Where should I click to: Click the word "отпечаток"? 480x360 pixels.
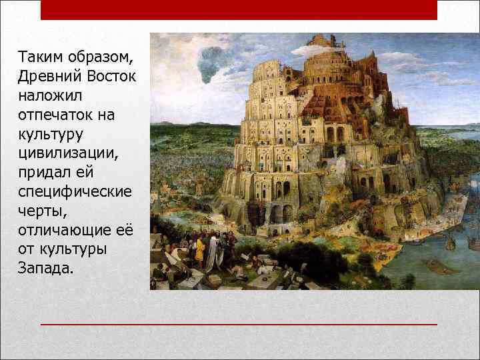click(x=56, y=115)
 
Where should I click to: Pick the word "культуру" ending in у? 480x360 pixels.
click(x=51, y=135)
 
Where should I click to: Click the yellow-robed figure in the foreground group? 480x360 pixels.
click(x=199, y=249)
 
